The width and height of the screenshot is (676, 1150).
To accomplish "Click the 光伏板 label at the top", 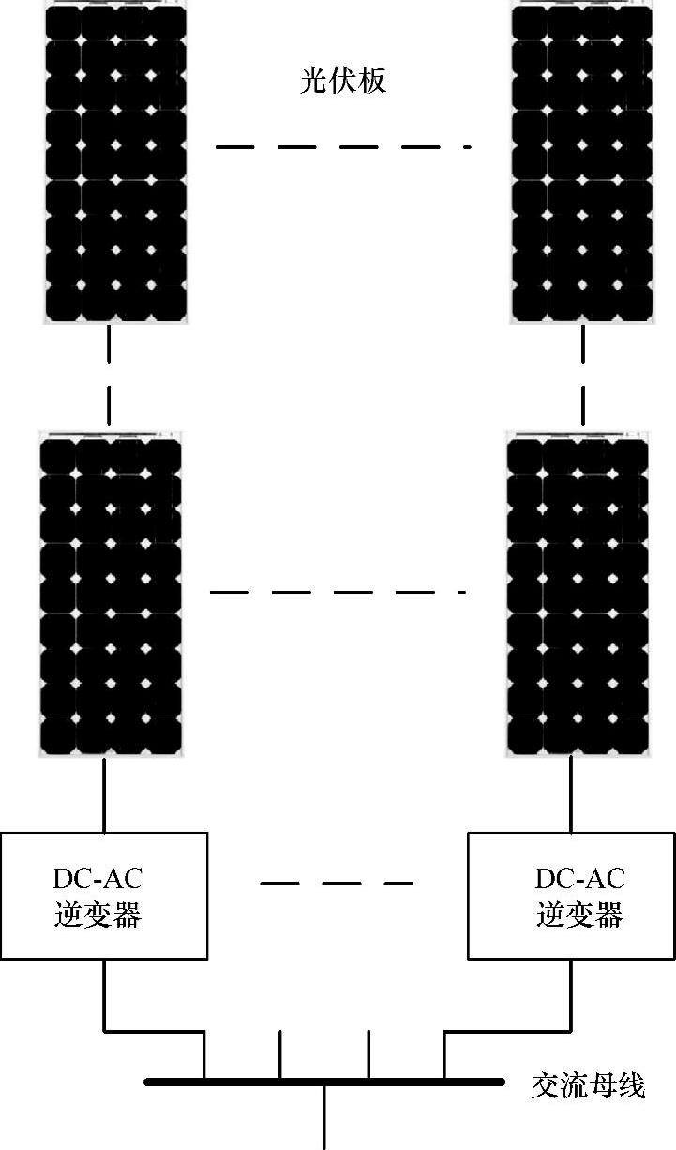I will pos(342,82).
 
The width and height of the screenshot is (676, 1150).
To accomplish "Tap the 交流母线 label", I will pos(588,1086).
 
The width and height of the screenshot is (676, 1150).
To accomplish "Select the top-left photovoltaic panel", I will pos(115,164).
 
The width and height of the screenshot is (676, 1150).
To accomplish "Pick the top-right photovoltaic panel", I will pos(580,164).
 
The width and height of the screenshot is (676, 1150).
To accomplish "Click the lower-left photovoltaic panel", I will pos(111,593).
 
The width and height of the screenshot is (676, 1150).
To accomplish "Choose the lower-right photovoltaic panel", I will pos(577,593).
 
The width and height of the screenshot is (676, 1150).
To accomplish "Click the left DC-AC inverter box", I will pos(103,895).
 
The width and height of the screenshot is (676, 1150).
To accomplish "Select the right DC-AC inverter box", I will pos(571,895).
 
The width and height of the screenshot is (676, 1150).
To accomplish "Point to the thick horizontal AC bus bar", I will pos(323,1082).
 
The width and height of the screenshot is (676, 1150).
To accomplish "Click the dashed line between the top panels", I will pos(342,147).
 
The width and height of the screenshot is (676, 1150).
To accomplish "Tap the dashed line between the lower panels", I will pos(338,592).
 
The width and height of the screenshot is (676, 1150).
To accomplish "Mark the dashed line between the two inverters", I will pos(336,884).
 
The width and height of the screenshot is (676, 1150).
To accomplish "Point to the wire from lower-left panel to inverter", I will pos(104,794).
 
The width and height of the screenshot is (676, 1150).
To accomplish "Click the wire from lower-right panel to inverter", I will pos(571,794).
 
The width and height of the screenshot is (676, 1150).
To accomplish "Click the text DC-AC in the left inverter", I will pos(98,879).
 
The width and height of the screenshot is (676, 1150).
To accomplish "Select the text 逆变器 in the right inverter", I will pos(579,914).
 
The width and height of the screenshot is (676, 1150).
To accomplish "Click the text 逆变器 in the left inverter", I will pos(98,914).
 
